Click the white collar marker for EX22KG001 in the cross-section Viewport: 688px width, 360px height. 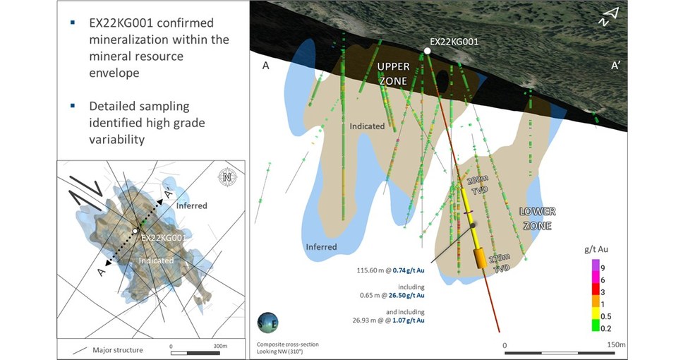427,51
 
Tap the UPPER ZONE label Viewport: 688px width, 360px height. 393,73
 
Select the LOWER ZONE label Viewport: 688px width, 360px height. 538,219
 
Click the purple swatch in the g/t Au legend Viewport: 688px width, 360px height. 595,265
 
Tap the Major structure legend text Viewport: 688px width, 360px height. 118,350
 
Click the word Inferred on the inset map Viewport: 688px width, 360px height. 191,205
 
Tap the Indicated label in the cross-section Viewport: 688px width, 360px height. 367,126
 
